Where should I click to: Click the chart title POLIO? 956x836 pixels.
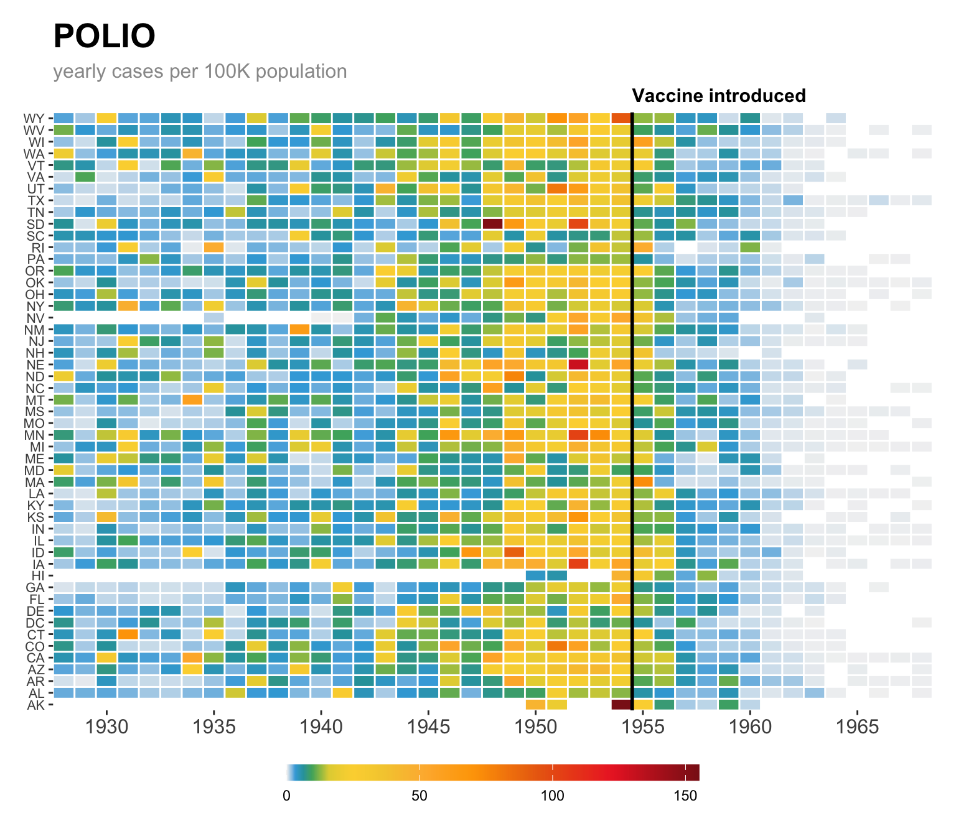click(104, 36)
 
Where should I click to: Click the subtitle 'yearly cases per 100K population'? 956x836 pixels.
click(200, 72)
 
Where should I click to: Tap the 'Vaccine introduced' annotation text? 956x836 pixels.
click(719, 96)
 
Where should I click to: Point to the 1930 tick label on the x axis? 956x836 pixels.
click(107, 727)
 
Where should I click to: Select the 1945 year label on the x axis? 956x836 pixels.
click(428, 727)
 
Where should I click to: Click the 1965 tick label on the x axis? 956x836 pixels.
click(857, 727)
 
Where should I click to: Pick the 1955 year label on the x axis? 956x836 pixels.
click(643, 727)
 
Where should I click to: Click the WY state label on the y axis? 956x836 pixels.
click(34, 118)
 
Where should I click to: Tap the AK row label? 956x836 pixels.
click(35, 705)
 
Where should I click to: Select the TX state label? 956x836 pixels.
click(35, 200)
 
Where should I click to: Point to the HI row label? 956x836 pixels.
click(37, 576)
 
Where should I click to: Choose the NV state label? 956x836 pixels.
click(35, 318)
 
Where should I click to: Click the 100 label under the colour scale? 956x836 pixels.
click(552, 796)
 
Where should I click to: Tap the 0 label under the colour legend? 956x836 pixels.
click(286, 796)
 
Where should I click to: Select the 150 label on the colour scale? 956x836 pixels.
click(685, 796)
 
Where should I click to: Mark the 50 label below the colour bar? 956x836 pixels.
click(419, 796)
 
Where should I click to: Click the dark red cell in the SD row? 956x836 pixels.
click(492, 224)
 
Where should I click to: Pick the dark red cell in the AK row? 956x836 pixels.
click(621, 705)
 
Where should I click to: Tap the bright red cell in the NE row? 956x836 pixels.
click(578, 365)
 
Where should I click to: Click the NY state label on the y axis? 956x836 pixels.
click(35, 306)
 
